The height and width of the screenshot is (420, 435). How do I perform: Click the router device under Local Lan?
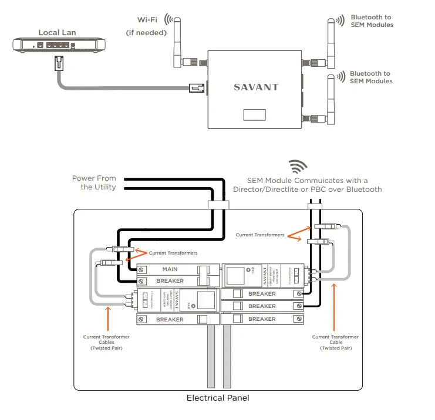tap(58, 45)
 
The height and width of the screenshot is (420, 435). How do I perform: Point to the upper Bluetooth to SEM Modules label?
tap(372, 21)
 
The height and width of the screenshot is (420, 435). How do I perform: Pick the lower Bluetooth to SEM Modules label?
tap(370, 77)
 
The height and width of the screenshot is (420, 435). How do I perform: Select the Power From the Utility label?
tap(94, 182)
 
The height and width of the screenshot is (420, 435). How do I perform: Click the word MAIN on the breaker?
tap(170, 269)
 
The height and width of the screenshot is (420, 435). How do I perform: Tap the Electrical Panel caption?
tap(218, 398)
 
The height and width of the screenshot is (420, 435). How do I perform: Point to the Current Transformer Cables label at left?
tap(106, 343)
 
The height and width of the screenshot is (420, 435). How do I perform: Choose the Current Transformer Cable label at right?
tap(336, 343)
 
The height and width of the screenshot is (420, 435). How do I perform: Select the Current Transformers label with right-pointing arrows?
tap(260, 235)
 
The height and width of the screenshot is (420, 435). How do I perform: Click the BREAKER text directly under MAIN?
tap(170, 281)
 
